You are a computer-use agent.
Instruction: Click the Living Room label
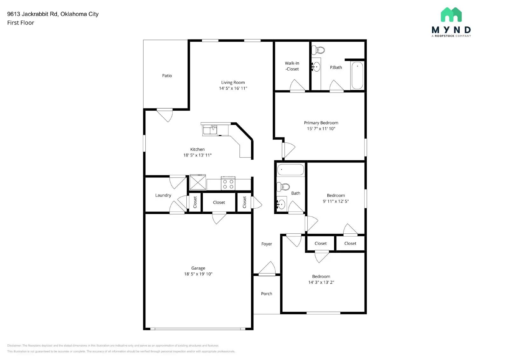233,82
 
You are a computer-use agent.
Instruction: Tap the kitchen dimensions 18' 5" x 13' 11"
197,155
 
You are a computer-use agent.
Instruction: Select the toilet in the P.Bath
318,50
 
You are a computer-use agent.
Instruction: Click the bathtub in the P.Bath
357,75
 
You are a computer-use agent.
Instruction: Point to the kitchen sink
210,130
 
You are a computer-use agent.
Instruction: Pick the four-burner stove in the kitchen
228,184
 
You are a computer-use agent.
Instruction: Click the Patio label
167,76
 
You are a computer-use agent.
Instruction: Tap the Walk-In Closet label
292,66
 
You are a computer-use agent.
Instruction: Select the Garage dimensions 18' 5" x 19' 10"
198,274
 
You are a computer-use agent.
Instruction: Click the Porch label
266,294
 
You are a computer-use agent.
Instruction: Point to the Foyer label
267,244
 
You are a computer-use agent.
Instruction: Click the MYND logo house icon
451,15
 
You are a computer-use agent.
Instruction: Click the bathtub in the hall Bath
290,170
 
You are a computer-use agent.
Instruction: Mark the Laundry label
163,195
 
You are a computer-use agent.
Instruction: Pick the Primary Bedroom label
321,123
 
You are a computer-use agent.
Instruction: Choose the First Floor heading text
21,23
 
